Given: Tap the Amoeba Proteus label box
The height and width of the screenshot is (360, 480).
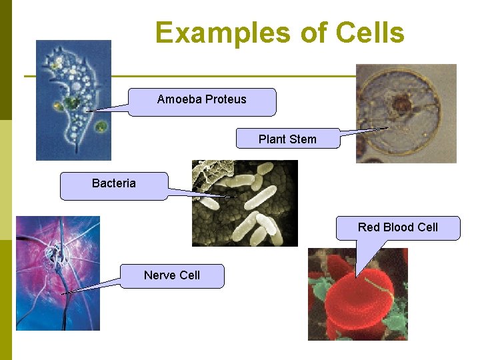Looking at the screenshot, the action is tap(201, 102).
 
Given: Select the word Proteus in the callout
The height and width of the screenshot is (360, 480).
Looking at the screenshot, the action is tap(225, 99).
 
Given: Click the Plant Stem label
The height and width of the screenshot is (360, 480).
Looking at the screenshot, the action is tap(287, 139).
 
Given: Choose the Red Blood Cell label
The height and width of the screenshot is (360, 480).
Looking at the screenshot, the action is tap(397, 227).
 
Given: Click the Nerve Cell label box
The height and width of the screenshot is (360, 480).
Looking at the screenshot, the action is tap(172, 275).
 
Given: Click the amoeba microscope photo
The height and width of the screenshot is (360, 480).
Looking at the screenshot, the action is tap(73, 100).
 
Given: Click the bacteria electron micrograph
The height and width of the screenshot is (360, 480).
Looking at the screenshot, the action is tap(245, 203).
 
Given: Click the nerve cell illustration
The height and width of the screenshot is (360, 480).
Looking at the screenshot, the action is tap(57, 273).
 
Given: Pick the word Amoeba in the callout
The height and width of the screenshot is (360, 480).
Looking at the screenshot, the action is tap(179, 99).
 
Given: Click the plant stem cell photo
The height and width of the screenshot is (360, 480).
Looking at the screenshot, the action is tap(406, 113).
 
